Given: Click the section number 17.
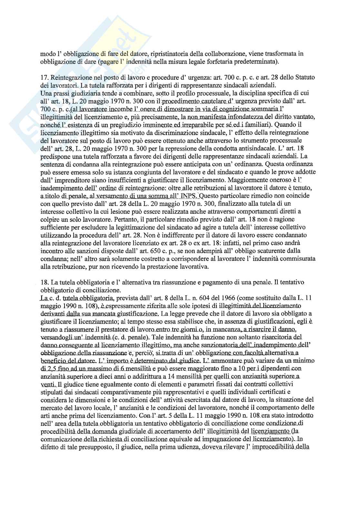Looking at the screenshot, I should (x=44, y=78).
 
